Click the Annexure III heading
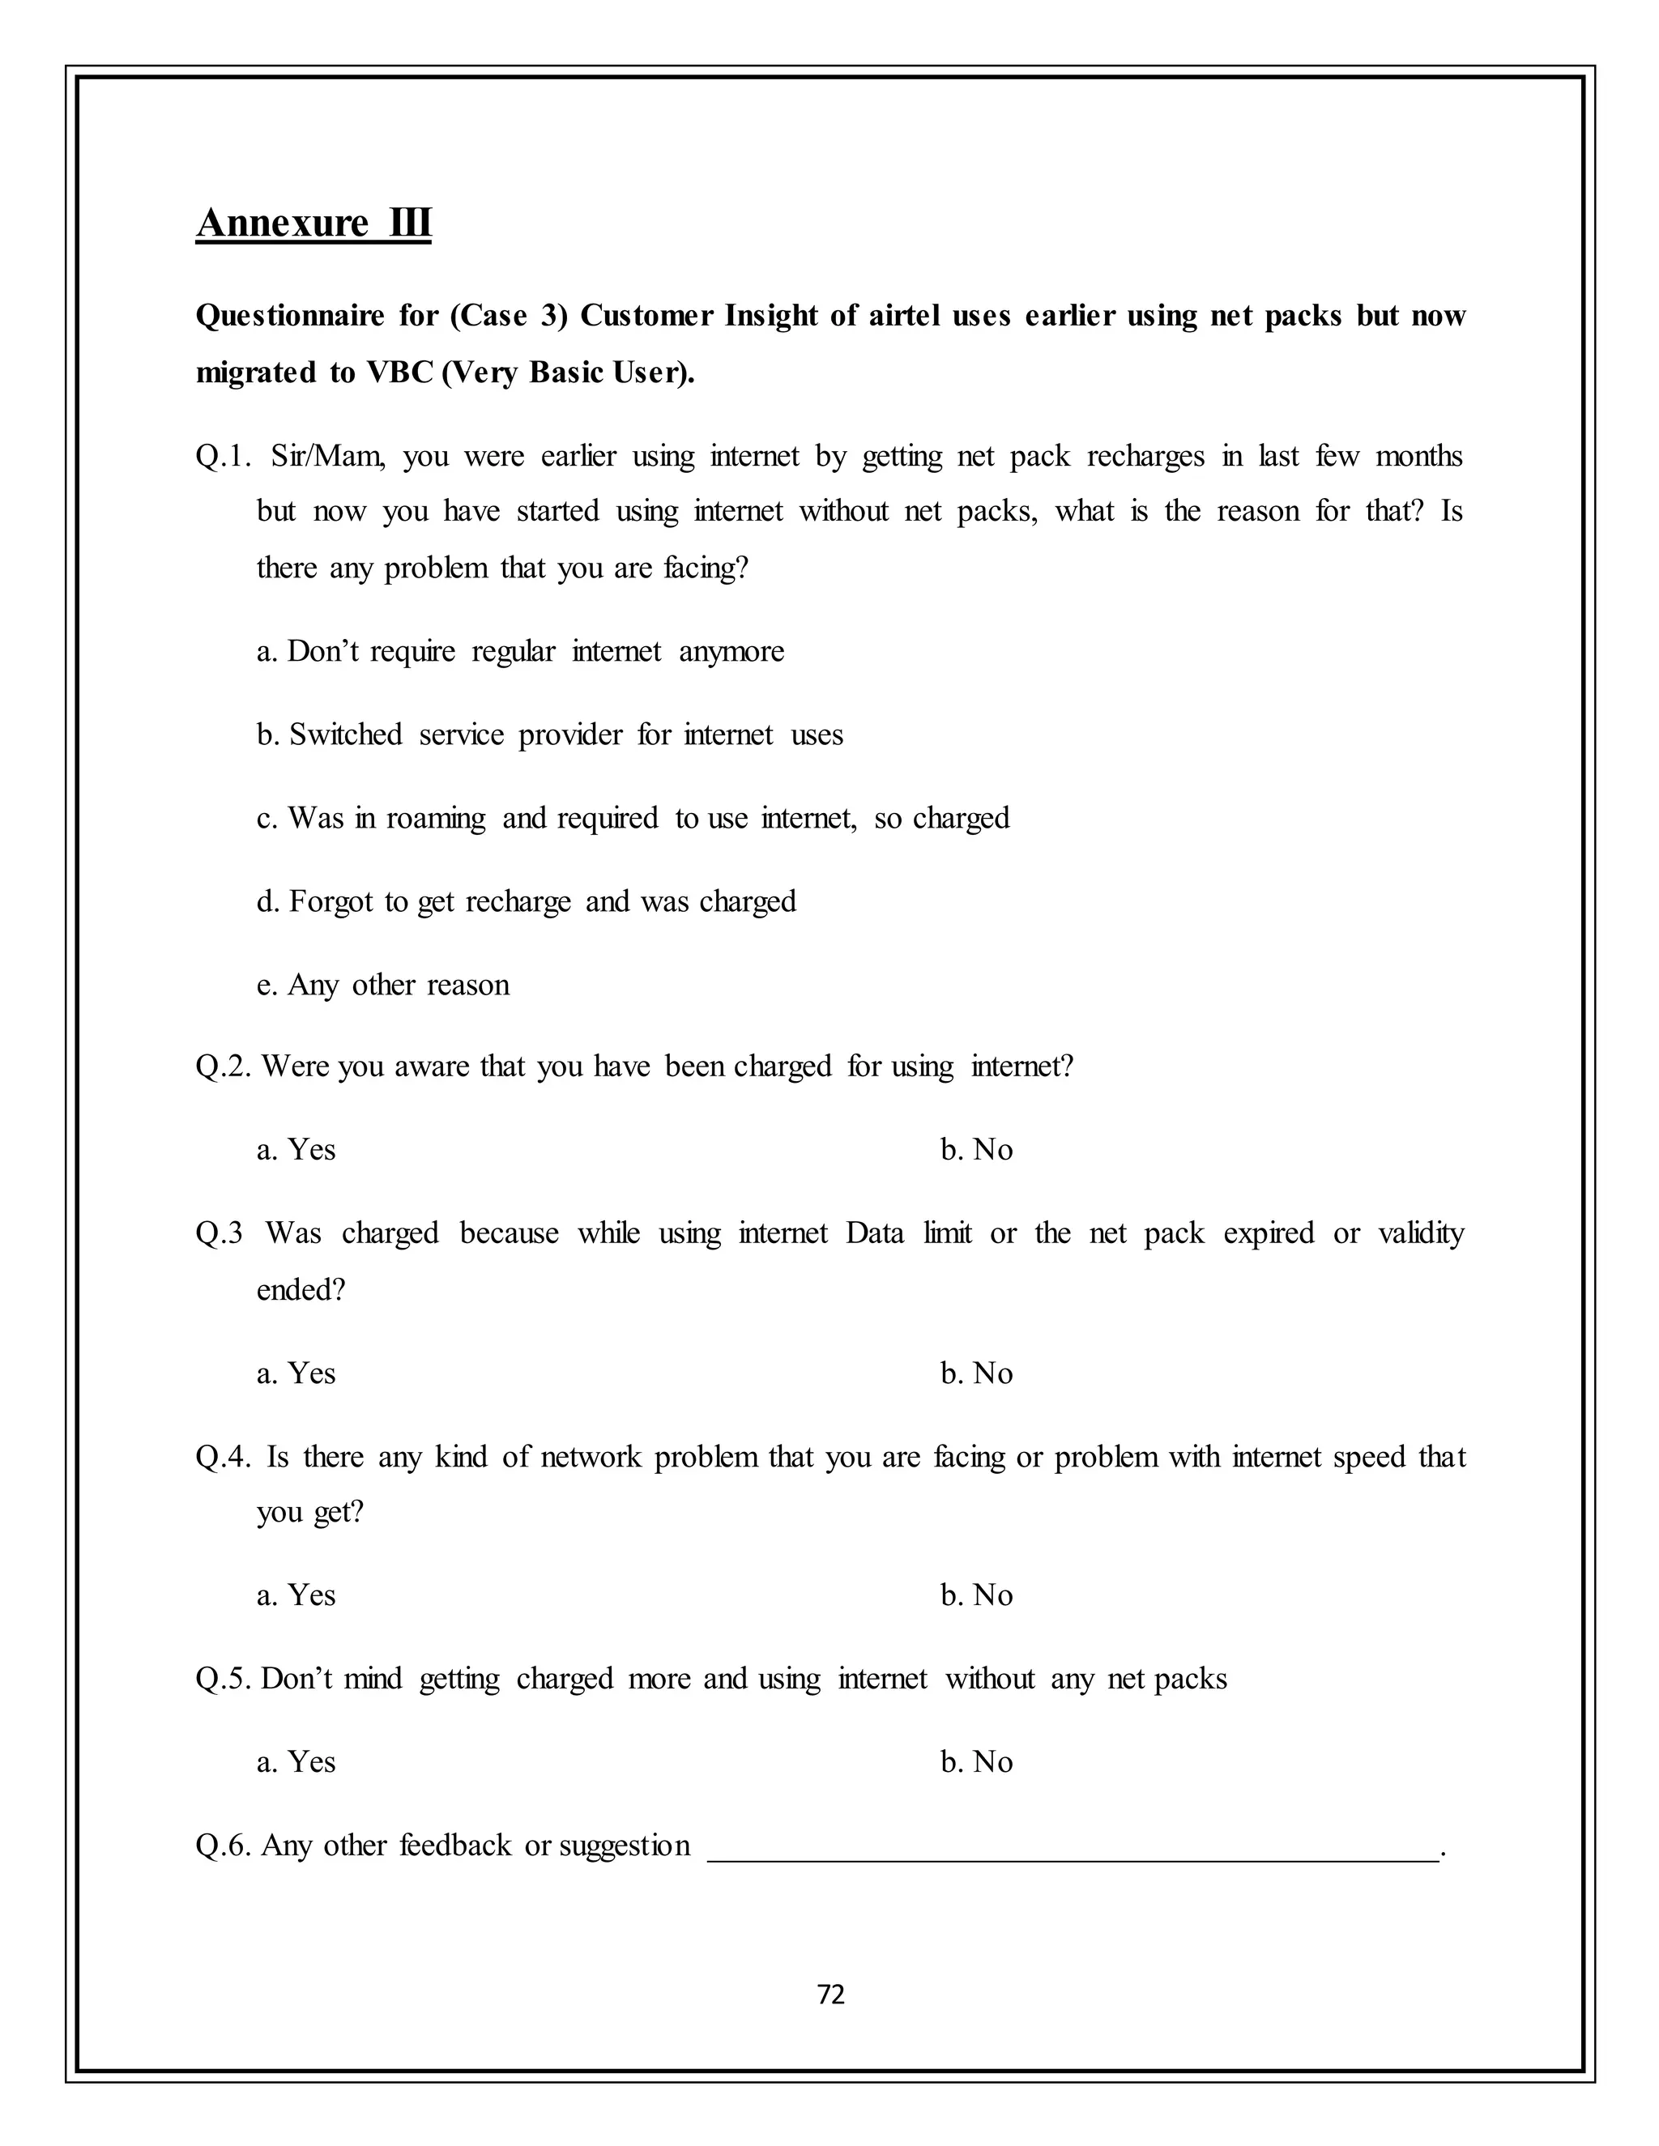tap(313, 223)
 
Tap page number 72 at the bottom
tap(830, 1994)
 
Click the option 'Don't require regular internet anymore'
tap(520, 651)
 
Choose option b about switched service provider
tap(549, 735)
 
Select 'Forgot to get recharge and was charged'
tap(526, 902)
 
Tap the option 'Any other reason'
tap(383, 985)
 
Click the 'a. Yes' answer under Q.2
tap(296, 1150)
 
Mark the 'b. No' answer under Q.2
tap(976, 1150)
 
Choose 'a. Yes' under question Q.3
tap(296, 1373)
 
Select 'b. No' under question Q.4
tap(976, 1595)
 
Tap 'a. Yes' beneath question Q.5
tap(296, 1762)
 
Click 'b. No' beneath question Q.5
tap(976, 1762)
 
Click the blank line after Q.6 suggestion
tap(1071, 1847)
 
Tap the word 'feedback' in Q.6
tap(455, 1846)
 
